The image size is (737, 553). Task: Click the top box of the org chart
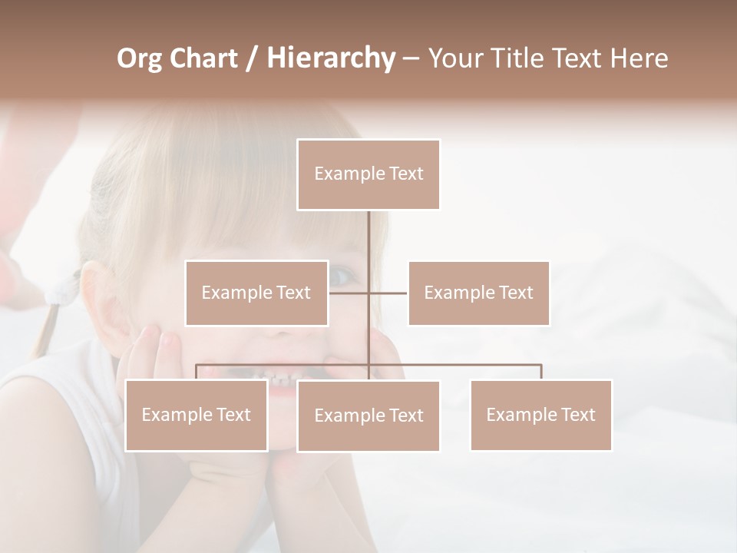(368, 174)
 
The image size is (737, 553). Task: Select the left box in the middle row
(256, 293)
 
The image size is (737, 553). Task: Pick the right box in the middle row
(478, 293)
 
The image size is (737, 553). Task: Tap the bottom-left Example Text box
(197, 415)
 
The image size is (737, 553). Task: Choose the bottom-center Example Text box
(368, 416)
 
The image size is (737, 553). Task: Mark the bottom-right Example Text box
(540, 415)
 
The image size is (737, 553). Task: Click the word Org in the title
(140, 58)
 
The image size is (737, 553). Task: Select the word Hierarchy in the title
(330, 58)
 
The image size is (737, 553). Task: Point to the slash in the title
(251, 59)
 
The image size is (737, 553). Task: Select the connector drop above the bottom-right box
(540, 373)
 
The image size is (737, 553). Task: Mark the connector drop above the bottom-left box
(197, 373)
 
